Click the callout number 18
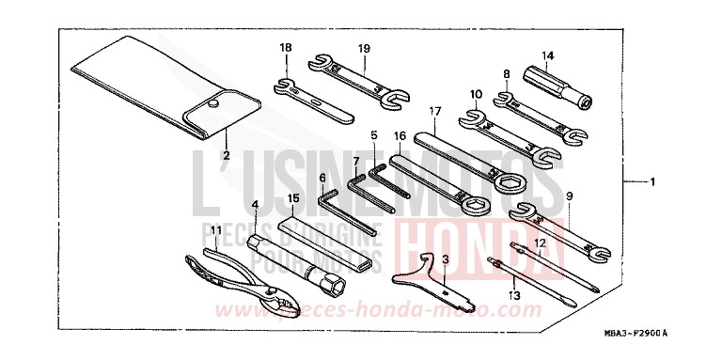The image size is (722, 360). coord(286,48)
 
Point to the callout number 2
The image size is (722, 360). coord(226,154)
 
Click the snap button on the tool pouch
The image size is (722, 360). coord(215,104)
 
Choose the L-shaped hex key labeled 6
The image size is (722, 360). coord(343,212)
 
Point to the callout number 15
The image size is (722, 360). coord(293,198)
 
